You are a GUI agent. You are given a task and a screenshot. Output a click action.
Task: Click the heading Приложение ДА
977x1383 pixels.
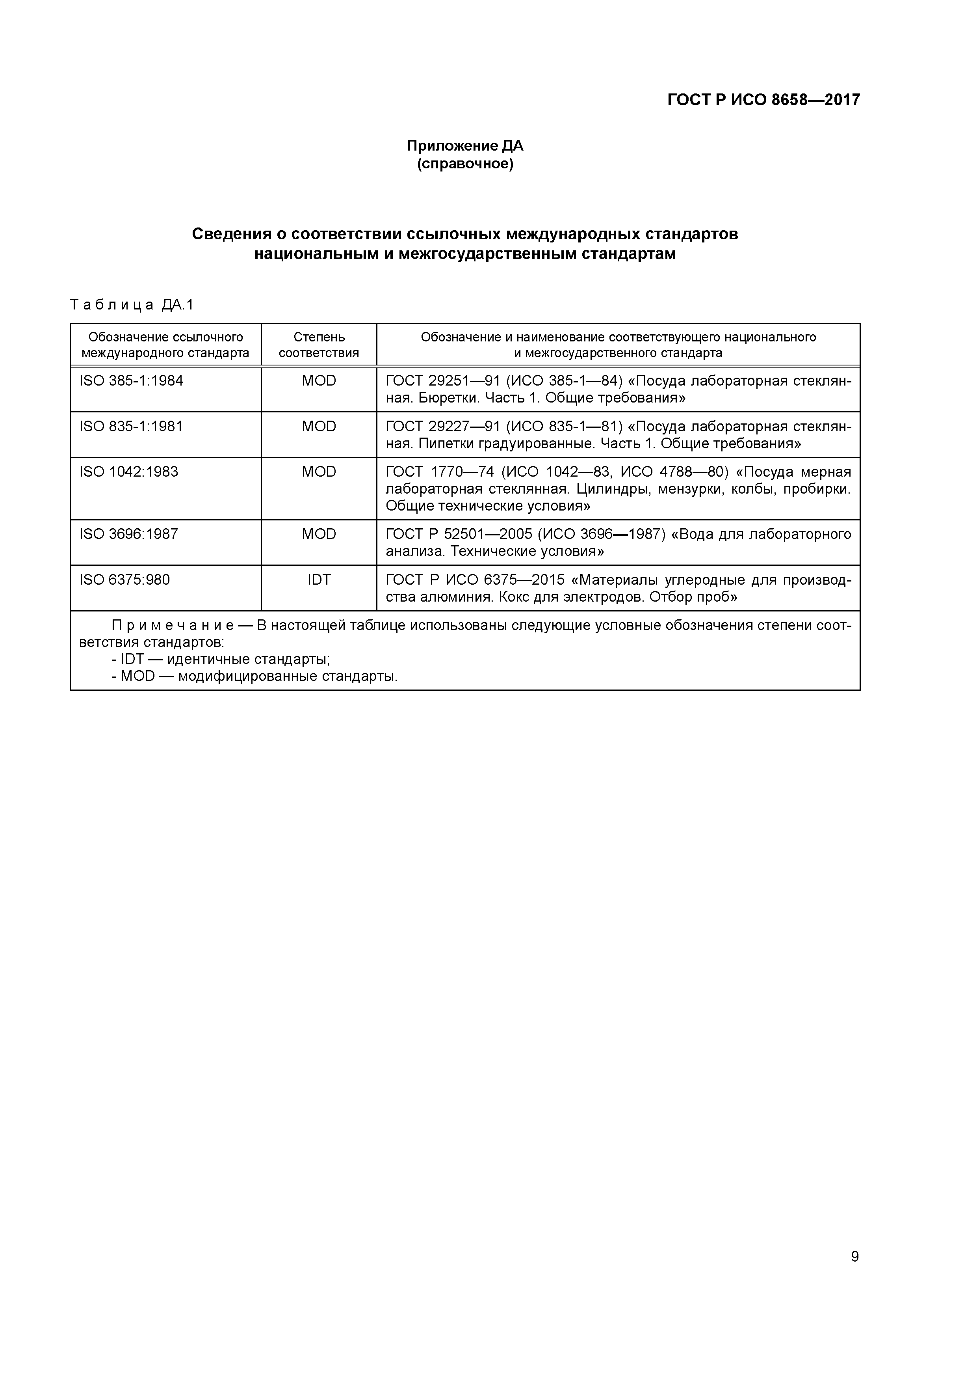click(x=465, y=146)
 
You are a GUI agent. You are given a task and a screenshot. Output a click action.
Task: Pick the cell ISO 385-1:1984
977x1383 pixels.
click(x=131, y=381)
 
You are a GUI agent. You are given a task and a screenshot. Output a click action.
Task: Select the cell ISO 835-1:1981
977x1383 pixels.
click(x=131, y=427)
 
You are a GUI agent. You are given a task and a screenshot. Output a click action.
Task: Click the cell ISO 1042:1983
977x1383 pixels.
click(x=129, y=472)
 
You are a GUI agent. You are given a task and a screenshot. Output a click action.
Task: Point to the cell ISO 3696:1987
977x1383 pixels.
click(x=129, y=534)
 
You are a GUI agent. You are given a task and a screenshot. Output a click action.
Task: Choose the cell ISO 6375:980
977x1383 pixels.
click(x=124, y=580)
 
